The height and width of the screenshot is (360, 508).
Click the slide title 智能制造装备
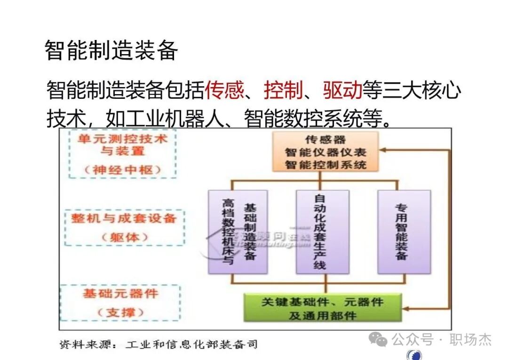[111, 50]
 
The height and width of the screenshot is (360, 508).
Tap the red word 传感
[224, 90]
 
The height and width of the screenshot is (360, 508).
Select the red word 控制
[283, 90]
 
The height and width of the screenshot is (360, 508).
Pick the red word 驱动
[342, 90]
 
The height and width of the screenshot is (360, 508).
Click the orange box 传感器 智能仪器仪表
[325, 152]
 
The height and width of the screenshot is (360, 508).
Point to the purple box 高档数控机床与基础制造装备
[238, 232]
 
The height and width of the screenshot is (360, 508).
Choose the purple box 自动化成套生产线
[322, 232]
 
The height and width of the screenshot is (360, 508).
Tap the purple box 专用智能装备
[404, 232]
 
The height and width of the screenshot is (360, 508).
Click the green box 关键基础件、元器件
[322, 308]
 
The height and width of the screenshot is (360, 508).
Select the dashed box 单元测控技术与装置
[122, 154]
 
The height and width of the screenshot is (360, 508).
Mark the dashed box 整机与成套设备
[124, 228]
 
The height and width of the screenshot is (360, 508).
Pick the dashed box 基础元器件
[120, 303]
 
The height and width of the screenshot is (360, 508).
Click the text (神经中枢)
[123, 170]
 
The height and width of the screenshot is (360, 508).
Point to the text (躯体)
[124, 237]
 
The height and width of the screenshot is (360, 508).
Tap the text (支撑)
[121, 312]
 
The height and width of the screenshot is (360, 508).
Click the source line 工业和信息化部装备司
[191, 344]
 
